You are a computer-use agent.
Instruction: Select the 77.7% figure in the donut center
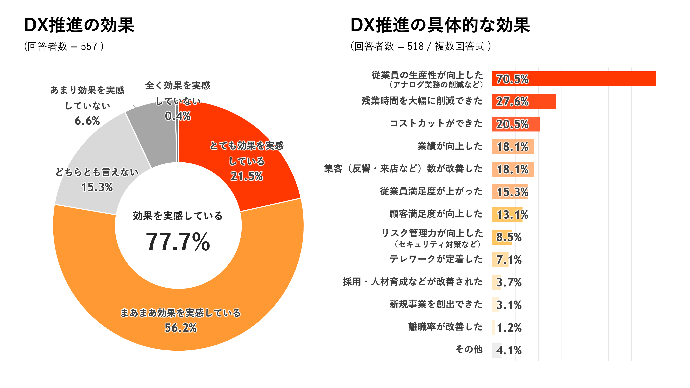pyautogui.click(x=178, y=242)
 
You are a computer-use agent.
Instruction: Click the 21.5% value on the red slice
pyautogui.click(x=247, y=176)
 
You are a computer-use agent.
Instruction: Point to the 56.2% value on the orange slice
pyautogui.click(x=181, y=328)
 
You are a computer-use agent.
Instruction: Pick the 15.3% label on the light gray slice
pyautogui.click(x=97, y=187)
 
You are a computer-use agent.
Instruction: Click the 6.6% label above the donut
pyautogui.click(x=87, y=121)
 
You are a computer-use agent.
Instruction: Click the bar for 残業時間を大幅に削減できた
pyautogui.click(x=524, y=101)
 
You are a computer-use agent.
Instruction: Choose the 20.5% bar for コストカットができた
pyautogui.click(x=516, y=124)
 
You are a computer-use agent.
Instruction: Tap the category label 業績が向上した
pyautogui.click(x=450, y=146)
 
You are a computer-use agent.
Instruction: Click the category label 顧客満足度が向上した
pyautogui.click(x=436, y=214)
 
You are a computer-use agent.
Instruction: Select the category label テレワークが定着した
pyautogui.click(x=436, y=259)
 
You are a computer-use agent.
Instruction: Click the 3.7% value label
pyautogui.click(x=509, y=282)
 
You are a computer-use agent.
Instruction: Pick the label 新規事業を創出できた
pyautogui.click(x=436, y=304)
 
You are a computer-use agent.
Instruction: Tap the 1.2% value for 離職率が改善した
pyautogui.click(x=509, y=327)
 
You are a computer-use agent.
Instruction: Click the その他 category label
pyautogui.click(x=469, y=349)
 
